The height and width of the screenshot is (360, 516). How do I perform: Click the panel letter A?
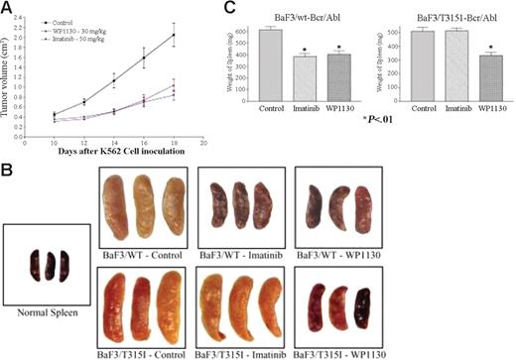tap(8, 9)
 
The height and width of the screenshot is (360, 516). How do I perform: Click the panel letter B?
tap(8, 171)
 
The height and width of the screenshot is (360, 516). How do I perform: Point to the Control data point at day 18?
tap(174, 36)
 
